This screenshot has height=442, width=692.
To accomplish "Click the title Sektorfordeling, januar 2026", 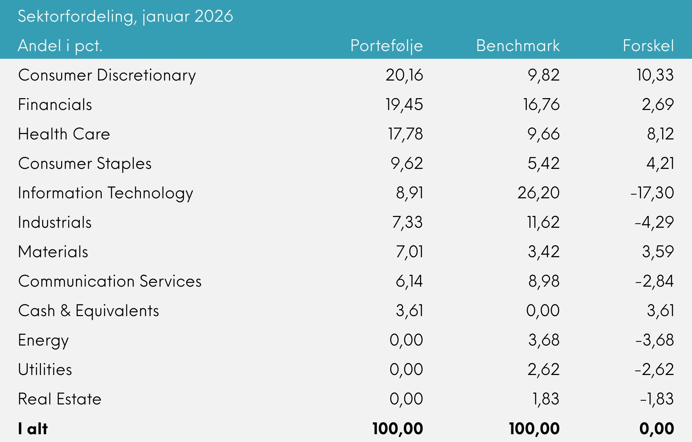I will click(x=125, y=16).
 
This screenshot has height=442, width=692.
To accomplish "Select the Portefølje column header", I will click(x=387, y=46).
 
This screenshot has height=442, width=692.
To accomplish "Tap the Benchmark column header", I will click(x=518, y=46).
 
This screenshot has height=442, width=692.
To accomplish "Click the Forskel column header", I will click(x=648, y=46).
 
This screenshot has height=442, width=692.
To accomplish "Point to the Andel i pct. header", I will click(x=60, y=46).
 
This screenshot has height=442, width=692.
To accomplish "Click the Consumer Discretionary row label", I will click(x=107, y=75).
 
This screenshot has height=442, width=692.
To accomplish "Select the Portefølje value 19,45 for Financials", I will click(x=404, y=105).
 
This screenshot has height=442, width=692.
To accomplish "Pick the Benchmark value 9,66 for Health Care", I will click(x=543, y=134).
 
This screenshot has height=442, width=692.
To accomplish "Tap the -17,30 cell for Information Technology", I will click(x=652, y=193).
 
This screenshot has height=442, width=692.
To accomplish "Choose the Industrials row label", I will click(x=55, y=222).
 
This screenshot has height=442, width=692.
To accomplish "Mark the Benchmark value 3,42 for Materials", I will click(x=543, y=252).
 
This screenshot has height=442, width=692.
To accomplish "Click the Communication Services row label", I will click(x=110, y=281).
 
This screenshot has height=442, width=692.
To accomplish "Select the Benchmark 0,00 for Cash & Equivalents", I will click(x=543, y=311).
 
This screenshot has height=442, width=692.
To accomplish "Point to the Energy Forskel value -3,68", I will click(x=654, y=340).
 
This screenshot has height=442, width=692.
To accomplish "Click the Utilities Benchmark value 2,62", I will click(x=543, y=370).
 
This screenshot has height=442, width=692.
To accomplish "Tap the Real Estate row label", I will click(x=60, y=399).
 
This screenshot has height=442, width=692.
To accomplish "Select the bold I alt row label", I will click(x=33, y=429).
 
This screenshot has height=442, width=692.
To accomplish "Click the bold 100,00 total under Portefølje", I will click(x=398, y=429).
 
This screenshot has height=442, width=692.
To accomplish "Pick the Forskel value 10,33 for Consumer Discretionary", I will click(x=655, y=75).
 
